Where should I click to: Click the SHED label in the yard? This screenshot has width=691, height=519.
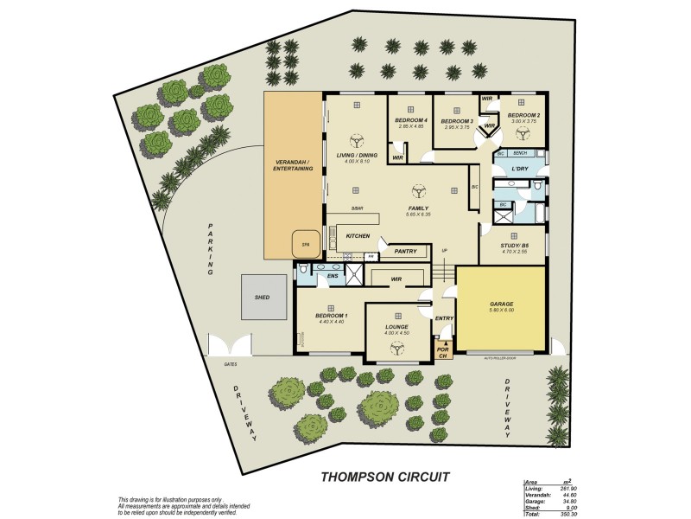[x=263, y=297]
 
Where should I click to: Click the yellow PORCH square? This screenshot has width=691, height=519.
[x=443, y=350]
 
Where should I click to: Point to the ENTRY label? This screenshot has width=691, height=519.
[x=445, y=318]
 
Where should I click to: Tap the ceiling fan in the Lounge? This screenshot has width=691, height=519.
[x=399, y=348]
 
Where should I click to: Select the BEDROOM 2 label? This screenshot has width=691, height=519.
[x=523, y=116]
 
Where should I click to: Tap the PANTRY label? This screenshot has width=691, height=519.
[x=405, y=252]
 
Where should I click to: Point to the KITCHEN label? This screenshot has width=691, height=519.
[x=358, y=235]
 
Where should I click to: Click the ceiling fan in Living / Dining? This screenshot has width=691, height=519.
[x=356, y=141]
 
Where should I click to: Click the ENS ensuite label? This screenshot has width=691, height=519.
[x=332, y=276]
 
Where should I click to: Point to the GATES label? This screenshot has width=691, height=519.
[x=231, y=364]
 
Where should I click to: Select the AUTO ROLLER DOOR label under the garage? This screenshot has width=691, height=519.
[x=505, y=356]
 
